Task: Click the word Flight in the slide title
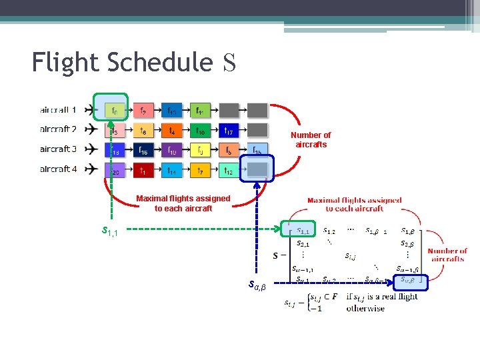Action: pyautogui.click(x=65, y=62)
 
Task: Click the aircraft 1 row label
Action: pyautogui.click(x=58, y=109)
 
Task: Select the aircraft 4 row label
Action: pyautogui.click(x=58, y=169)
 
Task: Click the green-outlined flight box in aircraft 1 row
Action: pyautogui.click(x=115, y=110)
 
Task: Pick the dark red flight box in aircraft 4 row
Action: pyautogui.click(x=143, y=171)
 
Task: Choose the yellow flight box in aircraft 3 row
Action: pyautogui.click(x=200, y=151)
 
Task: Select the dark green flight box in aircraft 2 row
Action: pyautogui.click(x=200, y=131)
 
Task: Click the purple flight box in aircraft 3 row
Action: pyautogui.click(x=172, y=151)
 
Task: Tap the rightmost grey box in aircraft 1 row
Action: pyautogui.click(x=257, y=110)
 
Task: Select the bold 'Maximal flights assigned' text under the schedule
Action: pyautogui.click(x=183, y=198)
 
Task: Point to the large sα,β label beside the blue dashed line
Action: pyautogui.click(x=257, y=285)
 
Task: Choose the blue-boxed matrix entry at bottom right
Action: pyautogui.click(x=411, y=280)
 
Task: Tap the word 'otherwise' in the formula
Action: pyautogui.click(x=365, y=309)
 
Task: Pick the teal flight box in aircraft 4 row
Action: pyautogui.click(x=172, y=171)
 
